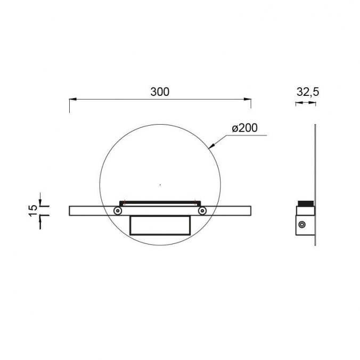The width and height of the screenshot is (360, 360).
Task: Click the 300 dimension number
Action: click(159, 92)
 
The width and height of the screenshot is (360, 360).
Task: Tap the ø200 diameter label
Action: click(245, 128)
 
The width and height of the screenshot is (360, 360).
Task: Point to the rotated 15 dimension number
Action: click(33, 210)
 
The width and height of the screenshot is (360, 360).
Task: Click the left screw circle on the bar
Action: click(118, 211)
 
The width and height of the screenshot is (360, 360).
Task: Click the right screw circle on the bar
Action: click(202, 211)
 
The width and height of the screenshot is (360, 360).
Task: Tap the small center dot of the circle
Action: click(160, 185)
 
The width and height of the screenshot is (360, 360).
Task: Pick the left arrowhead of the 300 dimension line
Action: click(73, 99)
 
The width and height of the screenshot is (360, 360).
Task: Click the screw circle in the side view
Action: click(302, 225)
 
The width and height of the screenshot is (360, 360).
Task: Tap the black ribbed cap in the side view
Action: click(306, 203)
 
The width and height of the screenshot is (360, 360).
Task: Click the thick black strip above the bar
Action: click(160, 201)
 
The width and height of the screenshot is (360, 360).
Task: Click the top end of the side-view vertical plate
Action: click(315, 126)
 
